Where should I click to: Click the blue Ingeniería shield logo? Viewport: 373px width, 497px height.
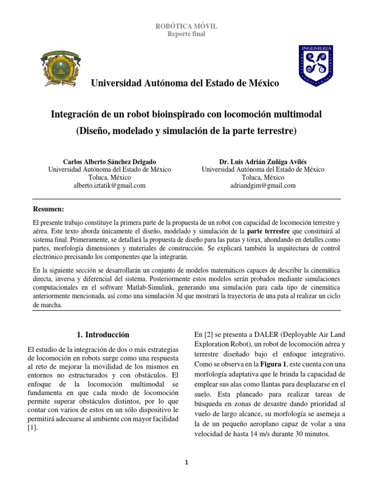point(315,65)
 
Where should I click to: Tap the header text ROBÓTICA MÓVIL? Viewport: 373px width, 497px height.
point(186,26)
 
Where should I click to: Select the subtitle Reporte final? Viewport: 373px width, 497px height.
point(186,34)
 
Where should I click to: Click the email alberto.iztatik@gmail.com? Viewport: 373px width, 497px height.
point(110,185)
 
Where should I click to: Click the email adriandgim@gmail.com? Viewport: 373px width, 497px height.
point(263,185)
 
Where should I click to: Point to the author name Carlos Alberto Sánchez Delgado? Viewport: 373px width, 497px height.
point(110,161)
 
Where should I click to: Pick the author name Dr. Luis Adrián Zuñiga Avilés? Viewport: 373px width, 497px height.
point(263,161)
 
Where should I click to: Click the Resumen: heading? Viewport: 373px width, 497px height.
point(48,209)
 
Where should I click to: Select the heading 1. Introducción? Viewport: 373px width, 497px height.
point(103,334)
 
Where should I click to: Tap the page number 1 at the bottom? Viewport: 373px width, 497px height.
point(186,463)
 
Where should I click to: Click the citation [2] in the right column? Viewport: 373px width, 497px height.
point(211,334)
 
